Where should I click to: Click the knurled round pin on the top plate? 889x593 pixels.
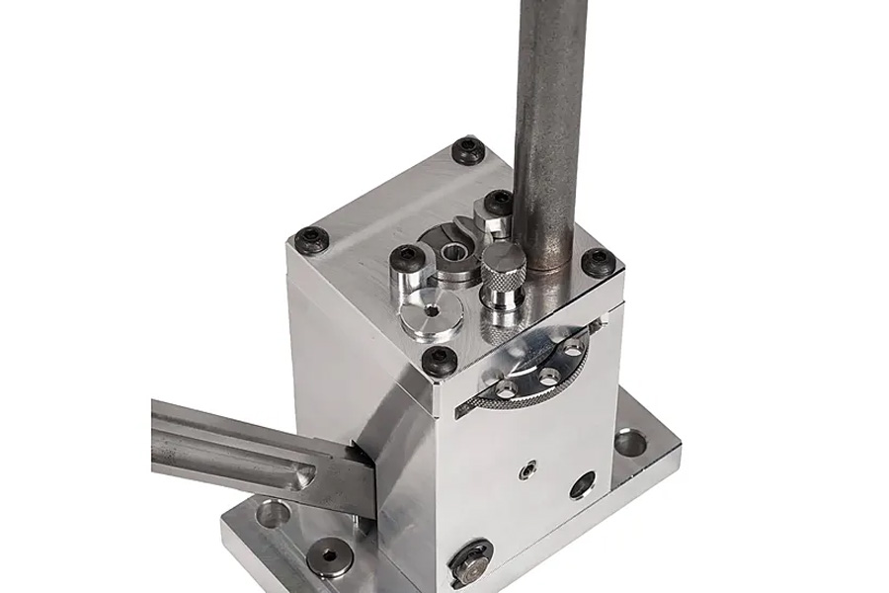click(x=503, y=264)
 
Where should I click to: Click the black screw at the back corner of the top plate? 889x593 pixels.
click(x=466, y=150)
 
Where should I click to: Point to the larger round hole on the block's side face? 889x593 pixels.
click(x=583, y=484)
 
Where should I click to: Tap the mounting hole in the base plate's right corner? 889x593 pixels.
click(x=629, y=441)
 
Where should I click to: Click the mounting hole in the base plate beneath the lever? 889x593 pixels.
click(x=273, y=514)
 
